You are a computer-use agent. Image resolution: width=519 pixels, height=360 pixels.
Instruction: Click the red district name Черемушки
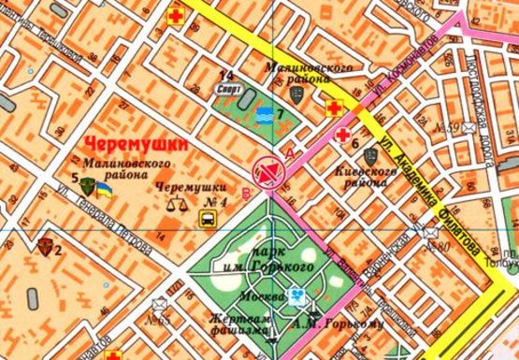point(136,146)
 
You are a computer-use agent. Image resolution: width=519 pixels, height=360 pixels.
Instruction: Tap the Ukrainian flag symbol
point(106,189)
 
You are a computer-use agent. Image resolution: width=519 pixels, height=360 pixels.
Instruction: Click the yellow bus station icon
point(209,218)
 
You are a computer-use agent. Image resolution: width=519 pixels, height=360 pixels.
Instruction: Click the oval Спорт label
point(227,91)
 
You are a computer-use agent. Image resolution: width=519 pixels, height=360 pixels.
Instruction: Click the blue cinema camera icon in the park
point(297,297)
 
